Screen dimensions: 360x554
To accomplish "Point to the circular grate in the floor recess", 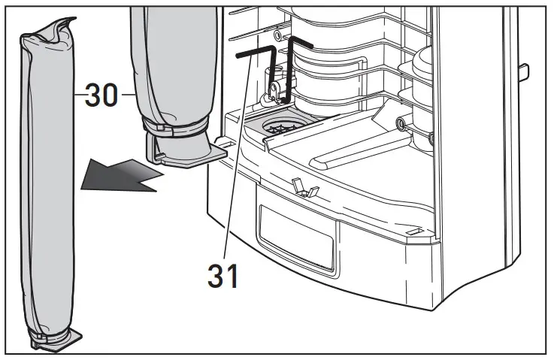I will click(x=283, y=128).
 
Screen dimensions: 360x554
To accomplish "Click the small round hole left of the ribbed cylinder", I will click(x=279, y=35).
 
